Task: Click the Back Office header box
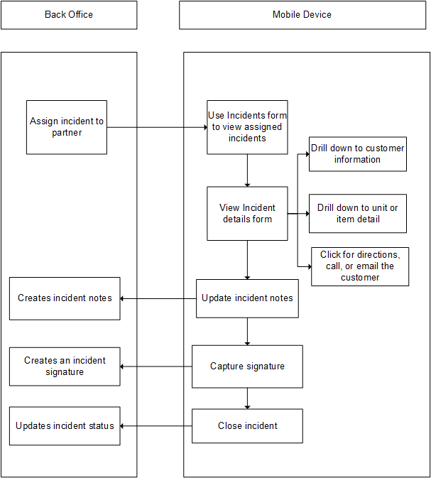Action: click(x=69, y=15)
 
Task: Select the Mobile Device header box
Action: click(x=302, y=15)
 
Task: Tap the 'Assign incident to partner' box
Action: click(x=67, y=127)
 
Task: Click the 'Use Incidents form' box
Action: click(x=247, y=127)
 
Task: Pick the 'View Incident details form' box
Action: click(x=247, y=214)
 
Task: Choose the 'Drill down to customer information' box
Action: click(x=358, y=154)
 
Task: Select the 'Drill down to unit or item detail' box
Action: click(x=358, y=214)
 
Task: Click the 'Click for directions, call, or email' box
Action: click(x=360, y=266)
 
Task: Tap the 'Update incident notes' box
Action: click(x=247, y=298)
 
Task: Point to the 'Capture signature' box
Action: click(x=247, y=366)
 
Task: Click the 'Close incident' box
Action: click(x=247, y=426)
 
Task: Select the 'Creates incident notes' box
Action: click(x=65, y=298)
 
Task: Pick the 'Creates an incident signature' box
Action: click(x=65, y=366)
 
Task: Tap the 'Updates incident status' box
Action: click(x=65, y=426)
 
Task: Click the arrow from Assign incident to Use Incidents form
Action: click(x=156, y=128)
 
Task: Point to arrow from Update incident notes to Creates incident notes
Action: click(x=158, y=298)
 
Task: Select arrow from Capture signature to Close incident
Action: click(x=247, y=398)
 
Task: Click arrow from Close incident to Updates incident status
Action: click(x=156, y=426)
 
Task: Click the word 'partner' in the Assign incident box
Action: click(x=67, y=133)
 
